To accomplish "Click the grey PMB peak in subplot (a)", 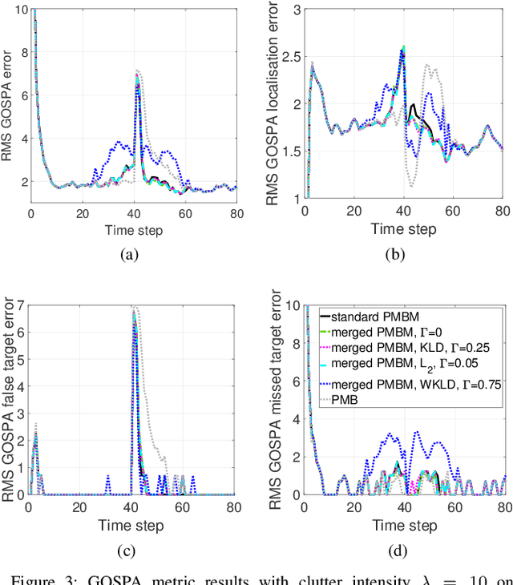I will coord(137,71).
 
